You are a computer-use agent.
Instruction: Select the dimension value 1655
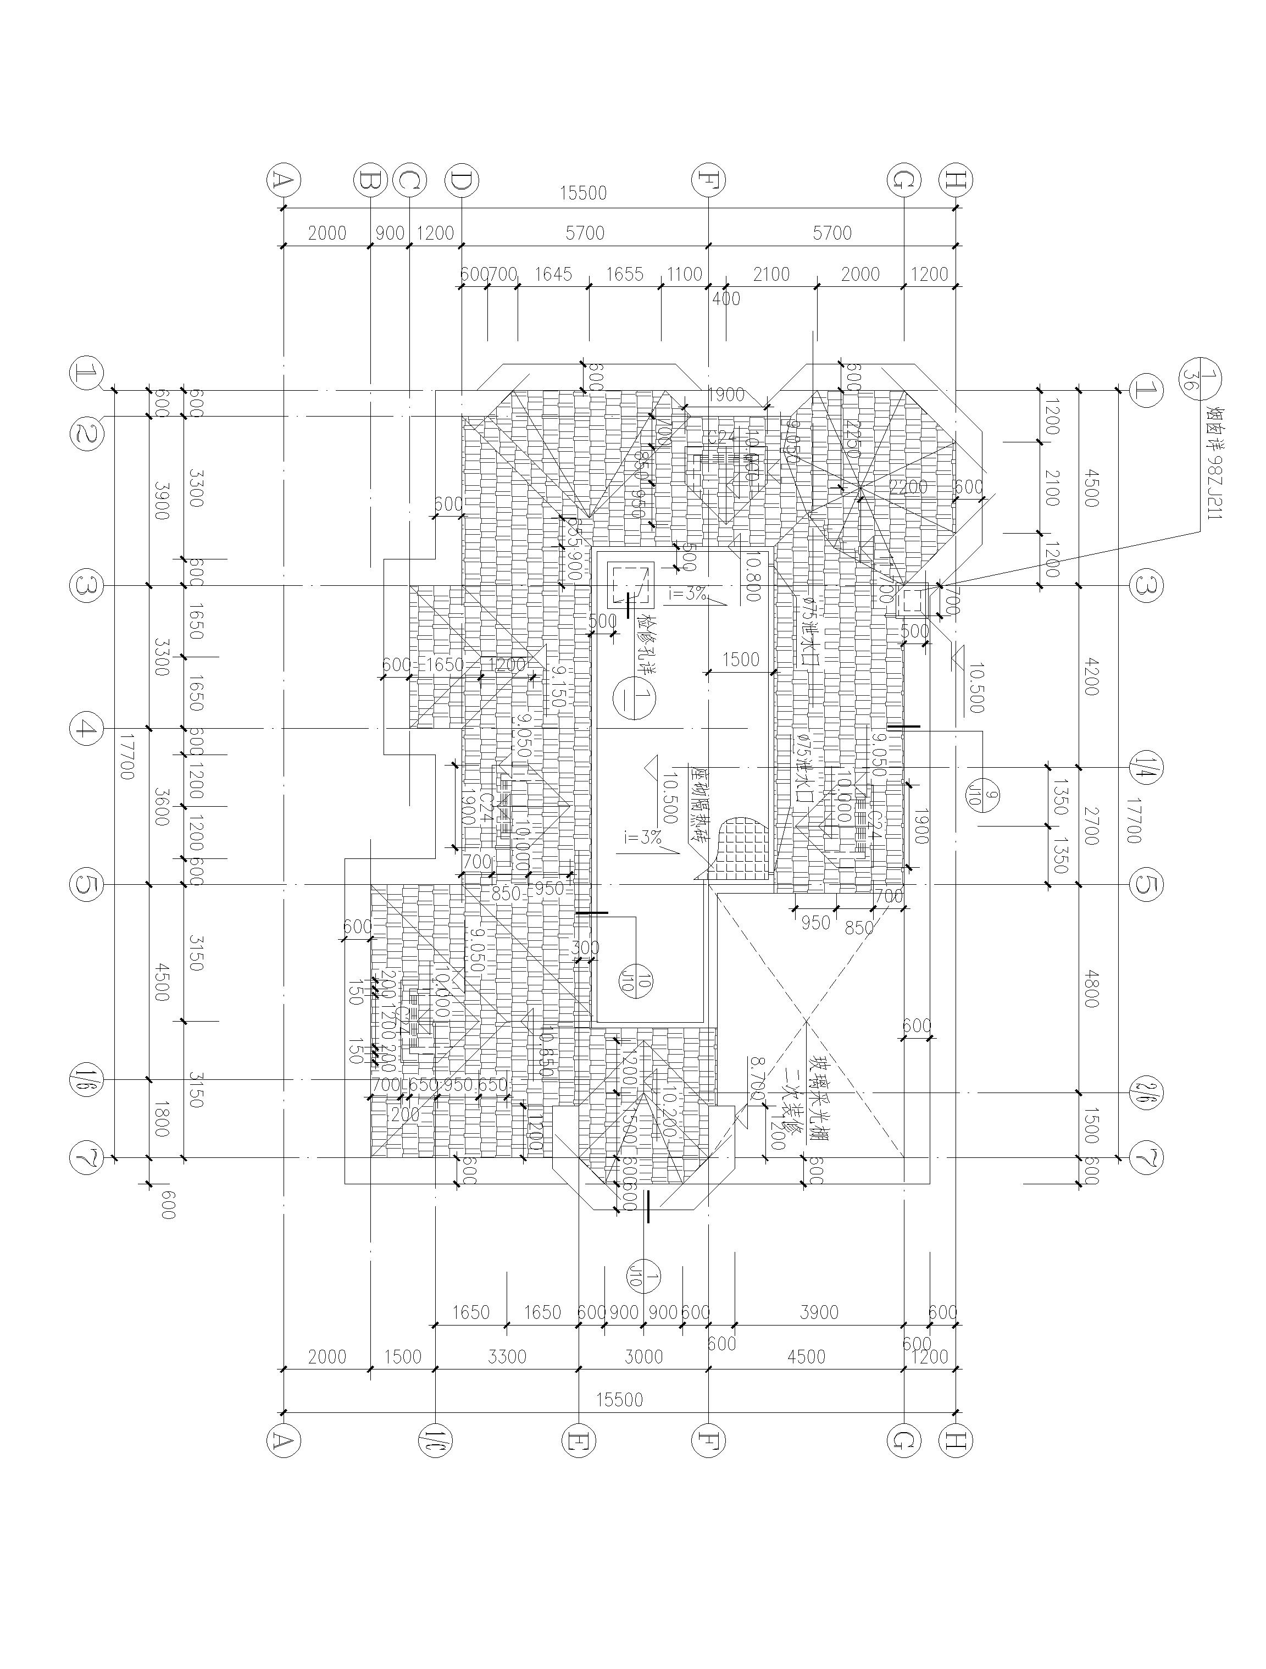(625, 275)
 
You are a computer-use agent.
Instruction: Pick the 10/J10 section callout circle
(638, 981)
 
